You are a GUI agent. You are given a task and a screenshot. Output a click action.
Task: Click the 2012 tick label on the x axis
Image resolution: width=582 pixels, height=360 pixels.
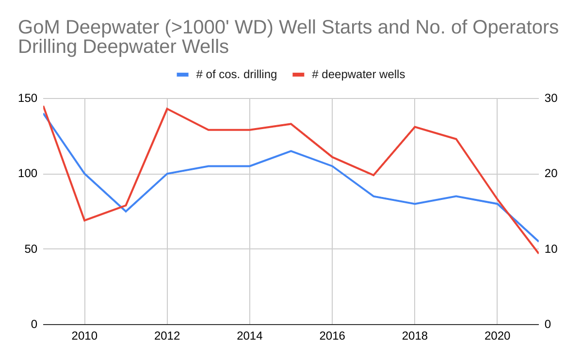tap(167, 336)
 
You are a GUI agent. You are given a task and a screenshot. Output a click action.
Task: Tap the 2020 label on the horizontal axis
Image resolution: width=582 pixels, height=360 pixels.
tap(497, 336)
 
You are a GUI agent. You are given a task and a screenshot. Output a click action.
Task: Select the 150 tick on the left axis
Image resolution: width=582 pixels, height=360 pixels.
tap(28, 98)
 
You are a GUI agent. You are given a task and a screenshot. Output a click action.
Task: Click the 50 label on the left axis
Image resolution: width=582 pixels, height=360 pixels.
tap(31, 249)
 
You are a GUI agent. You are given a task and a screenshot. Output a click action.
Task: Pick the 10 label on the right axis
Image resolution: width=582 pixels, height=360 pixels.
tap(551, 249)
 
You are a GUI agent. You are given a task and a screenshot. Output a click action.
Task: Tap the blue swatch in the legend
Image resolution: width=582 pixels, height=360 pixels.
tap(182, 75)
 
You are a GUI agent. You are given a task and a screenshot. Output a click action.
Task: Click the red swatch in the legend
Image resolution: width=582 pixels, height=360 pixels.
tap(298, 75)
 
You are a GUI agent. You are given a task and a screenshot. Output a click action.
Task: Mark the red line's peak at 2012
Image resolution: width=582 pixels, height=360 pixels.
tap(167, 109)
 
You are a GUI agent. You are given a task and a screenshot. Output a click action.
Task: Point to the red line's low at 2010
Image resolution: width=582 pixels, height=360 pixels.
tap(85, 220)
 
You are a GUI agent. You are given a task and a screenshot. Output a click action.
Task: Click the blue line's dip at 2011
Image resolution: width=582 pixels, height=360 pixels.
tap(126, 211)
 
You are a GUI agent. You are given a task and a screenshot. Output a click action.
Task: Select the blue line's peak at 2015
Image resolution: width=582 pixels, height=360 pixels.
tap(291, 151)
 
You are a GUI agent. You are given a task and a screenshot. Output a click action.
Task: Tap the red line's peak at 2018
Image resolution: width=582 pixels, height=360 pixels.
tap(415, 127)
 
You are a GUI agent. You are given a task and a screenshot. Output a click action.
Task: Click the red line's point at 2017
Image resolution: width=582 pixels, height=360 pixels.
tap(373, 175)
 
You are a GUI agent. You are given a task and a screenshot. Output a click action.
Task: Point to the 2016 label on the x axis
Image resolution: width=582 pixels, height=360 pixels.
tap(332, 336)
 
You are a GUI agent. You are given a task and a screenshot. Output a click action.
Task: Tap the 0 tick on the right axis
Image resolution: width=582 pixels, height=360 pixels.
tap(548, 325)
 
